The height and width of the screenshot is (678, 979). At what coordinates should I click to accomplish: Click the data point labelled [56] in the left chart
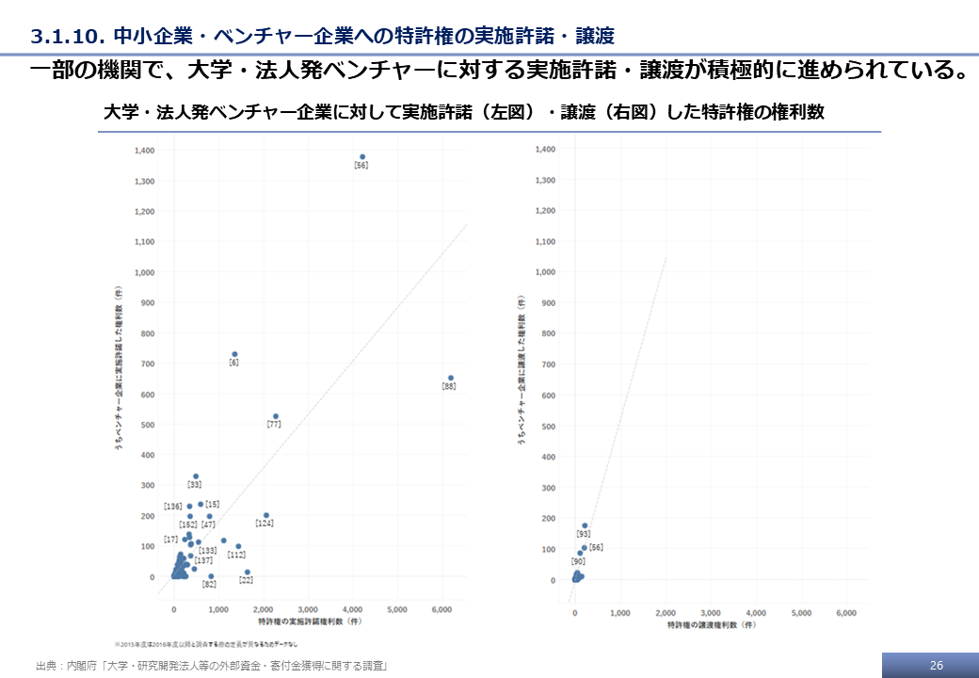point(362,156)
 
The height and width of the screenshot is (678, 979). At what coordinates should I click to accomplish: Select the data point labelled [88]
point(451,378)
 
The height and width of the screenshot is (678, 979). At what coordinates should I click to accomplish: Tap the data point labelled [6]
point(234,354)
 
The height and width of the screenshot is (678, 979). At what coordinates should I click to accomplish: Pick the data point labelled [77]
point(276,416)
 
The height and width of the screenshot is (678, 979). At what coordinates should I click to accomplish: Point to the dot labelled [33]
point(196,476)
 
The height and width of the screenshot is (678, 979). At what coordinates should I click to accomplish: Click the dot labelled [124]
point(266,515)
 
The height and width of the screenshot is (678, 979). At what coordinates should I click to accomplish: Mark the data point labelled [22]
point(248,572)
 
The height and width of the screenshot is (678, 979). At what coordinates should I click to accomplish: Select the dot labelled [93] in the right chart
point(585,525)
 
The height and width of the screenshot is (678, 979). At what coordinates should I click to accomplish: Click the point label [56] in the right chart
point(596,547)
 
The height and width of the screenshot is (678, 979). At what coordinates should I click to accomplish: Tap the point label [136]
point(172,507)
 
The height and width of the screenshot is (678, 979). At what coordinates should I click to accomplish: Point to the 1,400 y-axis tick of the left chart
point(145,150)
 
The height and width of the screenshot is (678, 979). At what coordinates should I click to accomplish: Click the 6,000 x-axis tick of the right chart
point(846,613)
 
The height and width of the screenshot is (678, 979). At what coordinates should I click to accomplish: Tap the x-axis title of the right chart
point(711,624)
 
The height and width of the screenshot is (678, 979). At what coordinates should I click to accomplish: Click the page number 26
point(936,666)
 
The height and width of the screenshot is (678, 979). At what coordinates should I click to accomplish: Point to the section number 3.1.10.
point(67,37)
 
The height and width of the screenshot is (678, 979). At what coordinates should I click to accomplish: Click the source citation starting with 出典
point(212,666)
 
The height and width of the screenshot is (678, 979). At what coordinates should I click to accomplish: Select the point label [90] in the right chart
point(578,561)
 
